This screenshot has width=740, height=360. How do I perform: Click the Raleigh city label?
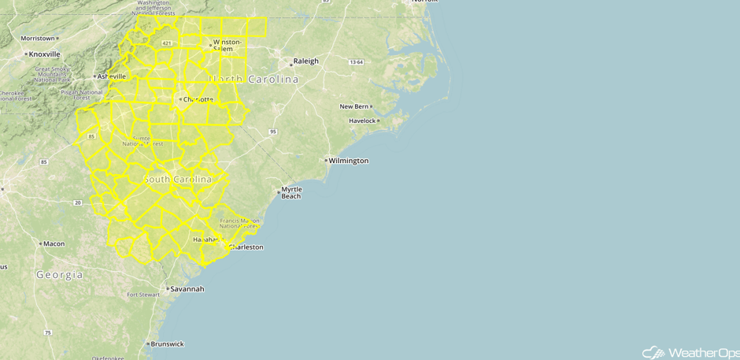click(x=305, y=61)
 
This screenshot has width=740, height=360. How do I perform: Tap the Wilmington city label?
click(x=348, y=161)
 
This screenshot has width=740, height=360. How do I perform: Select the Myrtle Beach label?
click(x=291, y=192)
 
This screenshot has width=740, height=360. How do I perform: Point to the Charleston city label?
click(x=246, y=247)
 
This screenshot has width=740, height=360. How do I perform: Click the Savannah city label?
click(x=187, y=289)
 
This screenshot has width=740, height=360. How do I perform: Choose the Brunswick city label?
click(x=168, y=344)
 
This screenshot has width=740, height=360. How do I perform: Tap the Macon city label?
click(x=54, y=244)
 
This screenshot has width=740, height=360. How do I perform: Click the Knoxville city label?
click(x=44, y=54)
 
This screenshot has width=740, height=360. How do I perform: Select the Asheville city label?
click(x=111, y=76)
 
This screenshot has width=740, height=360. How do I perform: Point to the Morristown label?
click(x=38, y=38)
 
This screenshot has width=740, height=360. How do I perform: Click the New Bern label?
click(x=354, y=106)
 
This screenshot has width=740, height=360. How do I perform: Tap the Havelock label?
click(x=362, y=121)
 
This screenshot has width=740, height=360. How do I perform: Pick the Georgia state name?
click(x=59, y=275)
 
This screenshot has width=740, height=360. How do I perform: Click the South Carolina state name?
click(x=178, y=180)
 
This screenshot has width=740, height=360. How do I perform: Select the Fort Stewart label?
click(x=144, y=295)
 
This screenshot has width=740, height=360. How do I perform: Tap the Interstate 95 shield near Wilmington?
click(x=272, y=131)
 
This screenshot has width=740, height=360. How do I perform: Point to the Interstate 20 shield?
click(x=77, y=202)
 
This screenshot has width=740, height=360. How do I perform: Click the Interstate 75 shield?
click(x=48, y=333)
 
